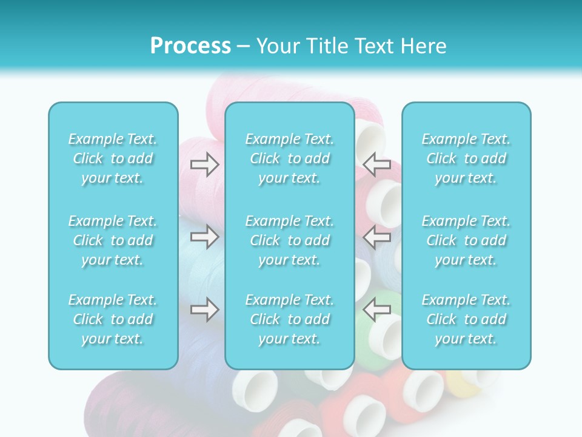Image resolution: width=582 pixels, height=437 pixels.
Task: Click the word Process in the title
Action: tap(190, 46)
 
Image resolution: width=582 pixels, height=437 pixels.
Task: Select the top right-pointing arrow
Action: tap(205, 164)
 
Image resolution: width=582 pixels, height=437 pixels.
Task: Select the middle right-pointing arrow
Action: tap(205, 237)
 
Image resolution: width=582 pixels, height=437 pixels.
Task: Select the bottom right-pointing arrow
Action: tap(205, 309)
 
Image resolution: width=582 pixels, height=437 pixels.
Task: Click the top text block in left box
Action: tap(113, 158)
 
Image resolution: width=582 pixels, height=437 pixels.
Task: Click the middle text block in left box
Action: tap(113, 240)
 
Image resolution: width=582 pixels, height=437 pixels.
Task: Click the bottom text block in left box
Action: tap(113, 319)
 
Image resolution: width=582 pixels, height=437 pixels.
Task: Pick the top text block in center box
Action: tap(290, 158)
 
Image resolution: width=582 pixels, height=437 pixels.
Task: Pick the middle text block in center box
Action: tap(290, 240)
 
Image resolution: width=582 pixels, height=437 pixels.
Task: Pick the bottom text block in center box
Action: tap(290, 319)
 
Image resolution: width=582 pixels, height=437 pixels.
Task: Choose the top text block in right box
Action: tap(466, 158)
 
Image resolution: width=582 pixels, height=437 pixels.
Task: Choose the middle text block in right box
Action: tap(466, 240)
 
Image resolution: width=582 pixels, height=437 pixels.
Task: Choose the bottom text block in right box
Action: tap(466, 319)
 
